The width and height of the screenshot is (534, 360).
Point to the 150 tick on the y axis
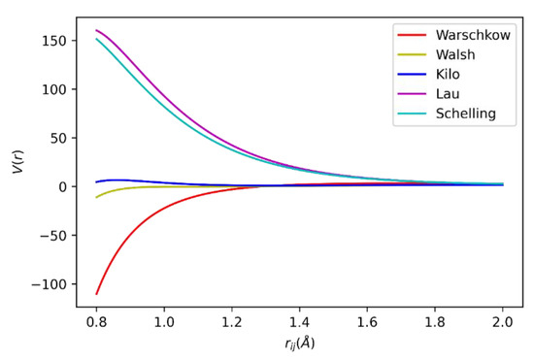pyautogui.click(x=55, y=41)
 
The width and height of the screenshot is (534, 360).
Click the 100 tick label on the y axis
pyautogui.click(x=55, y=89)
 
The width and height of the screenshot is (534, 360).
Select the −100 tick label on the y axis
pyautogui.click(x=50, y=283)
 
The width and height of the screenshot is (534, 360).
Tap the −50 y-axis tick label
pyautogui.click(x=54, y=235)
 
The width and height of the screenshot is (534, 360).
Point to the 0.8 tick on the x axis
pyautogui.click(x=96, y=320)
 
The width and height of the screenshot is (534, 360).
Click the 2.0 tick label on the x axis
pyautogui.click(x=503, y=320)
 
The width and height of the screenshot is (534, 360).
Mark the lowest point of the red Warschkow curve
pyautogui.click(x=96, y=294)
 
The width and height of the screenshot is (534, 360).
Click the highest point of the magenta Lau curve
pyautogui.click(x=96, y=30)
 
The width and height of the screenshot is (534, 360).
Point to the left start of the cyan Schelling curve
pyautogui.click(x=96, y=39)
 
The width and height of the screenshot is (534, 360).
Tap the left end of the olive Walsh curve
pyautogui.click(x=96, y=198)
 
